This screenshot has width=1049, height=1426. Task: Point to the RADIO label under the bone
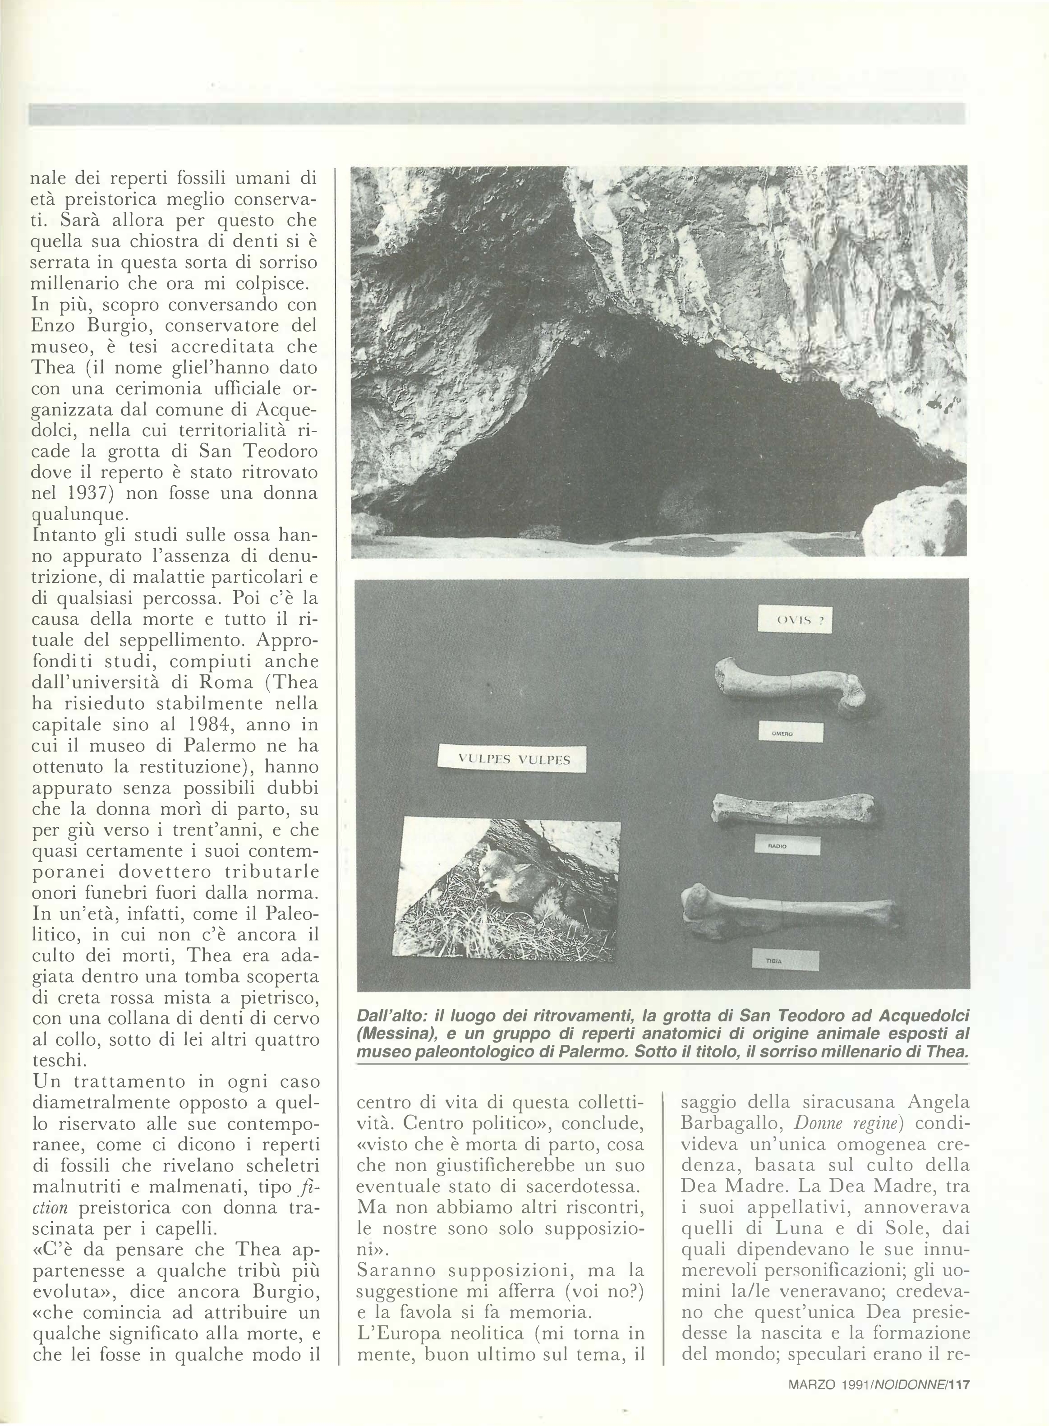[787, 845]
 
